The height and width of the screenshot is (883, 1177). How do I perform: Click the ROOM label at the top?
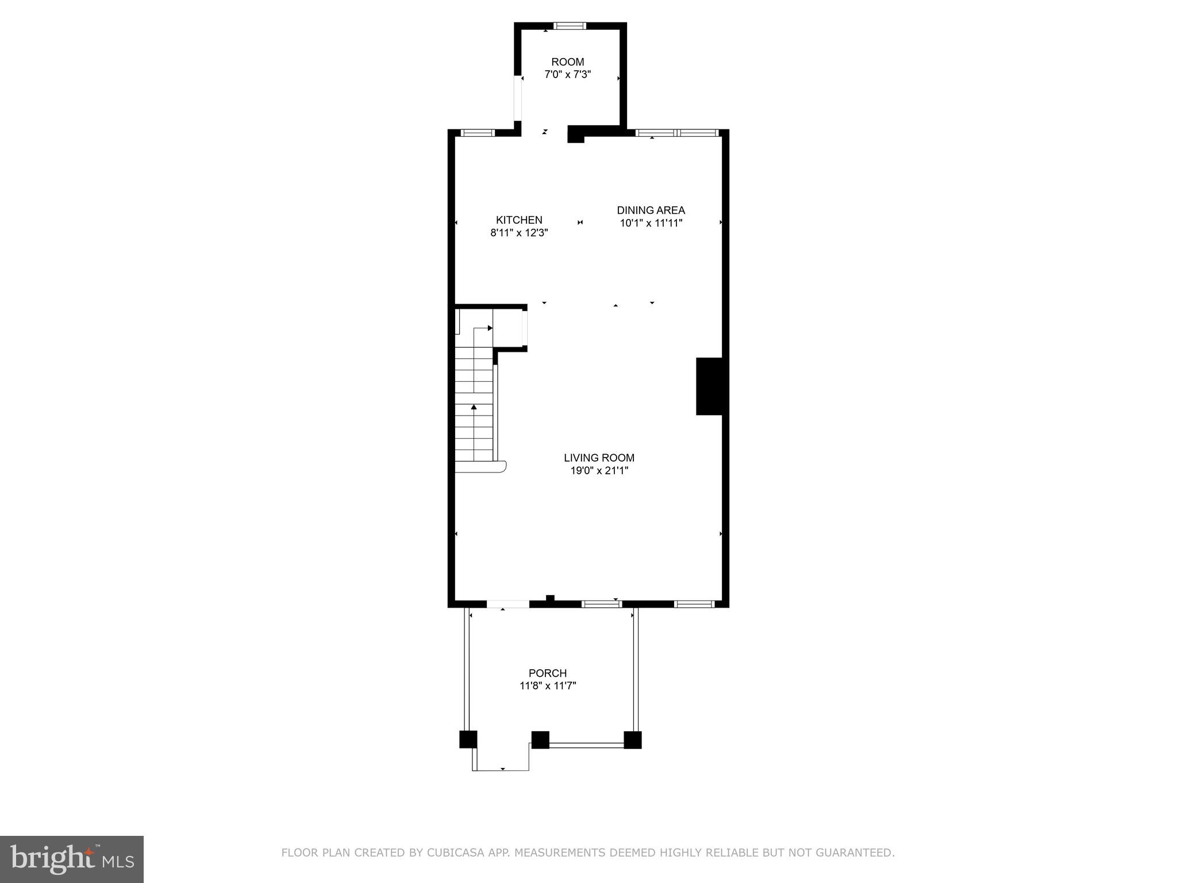567,62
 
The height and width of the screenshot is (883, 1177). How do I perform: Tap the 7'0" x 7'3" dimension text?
567,75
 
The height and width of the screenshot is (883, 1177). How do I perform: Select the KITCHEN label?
519,220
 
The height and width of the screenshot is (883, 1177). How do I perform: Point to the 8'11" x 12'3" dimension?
519,233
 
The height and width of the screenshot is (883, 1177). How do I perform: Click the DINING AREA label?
651,210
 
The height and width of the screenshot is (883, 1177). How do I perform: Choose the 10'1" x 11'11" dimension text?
651,224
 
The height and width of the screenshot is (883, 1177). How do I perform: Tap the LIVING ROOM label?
599,458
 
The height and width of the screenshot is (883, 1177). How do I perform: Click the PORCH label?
547,673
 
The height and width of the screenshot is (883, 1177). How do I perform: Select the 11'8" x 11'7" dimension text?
547,686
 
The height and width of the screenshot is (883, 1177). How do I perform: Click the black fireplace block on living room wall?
709,386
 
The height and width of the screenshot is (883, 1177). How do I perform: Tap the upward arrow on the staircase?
474,407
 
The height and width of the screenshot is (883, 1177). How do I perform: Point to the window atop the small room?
570,25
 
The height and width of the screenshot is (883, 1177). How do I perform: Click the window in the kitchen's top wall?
478,133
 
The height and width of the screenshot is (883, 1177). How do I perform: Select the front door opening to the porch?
507,604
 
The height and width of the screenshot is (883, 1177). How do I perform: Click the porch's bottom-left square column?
468,739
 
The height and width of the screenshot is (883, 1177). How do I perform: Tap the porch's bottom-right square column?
632,740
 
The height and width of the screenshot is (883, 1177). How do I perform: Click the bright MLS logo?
71,859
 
